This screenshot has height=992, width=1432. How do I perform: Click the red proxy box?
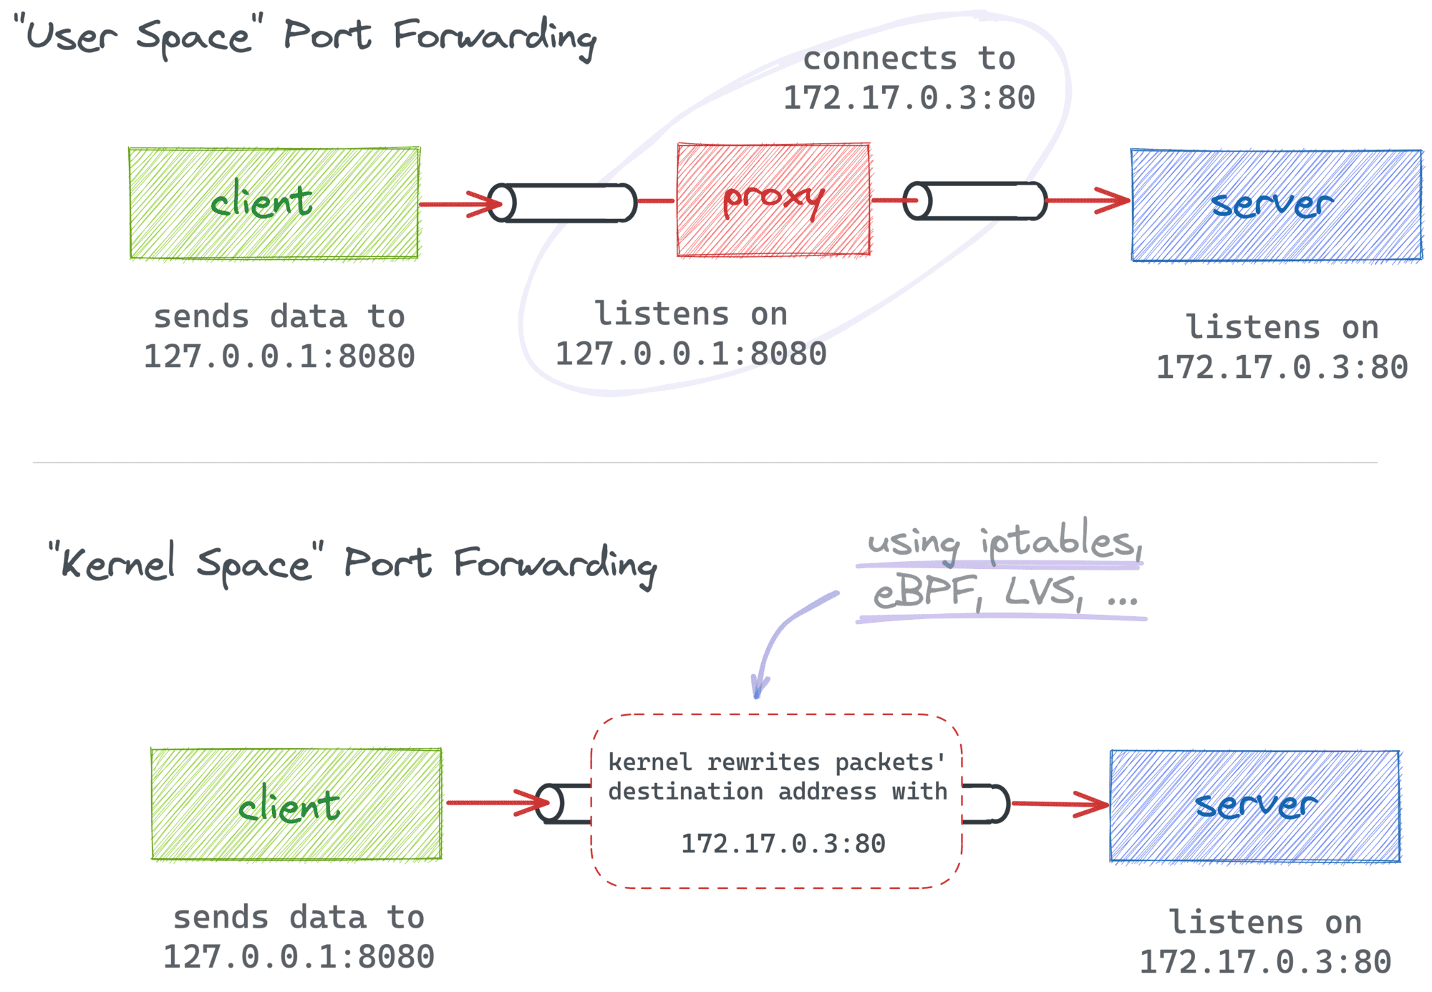tap(773, 200)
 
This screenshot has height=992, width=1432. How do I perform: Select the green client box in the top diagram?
tap(274, 203)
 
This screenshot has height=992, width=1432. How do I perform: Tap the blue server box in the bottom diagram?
tap(1254, 806)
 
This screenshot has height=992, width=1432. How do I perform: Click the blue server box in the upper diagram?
tap(1276, 205)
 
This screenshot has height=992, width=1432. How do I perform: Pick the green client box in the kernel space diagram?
tap(296, 804)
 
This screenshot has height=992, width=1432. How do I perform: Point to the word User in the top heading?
tap(72, 36)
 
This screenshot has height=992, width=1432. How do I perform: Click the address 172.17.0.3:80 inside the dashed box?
tap(783, 844)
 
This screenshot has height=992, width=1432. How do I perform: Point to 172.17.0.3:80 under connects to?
tap(909, 98)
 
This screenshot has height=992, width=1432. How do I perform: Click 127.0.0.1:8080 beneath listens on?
tap(691, 354)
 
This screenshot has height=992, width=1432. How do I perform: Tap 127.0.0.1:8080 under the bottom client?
tap(299, 957)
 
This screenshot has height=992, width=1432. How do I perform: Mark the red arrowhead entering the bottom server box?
tap(1095, 804)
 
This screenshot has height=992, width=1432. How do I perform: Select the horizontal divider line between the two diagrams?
tap(705, 462)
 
